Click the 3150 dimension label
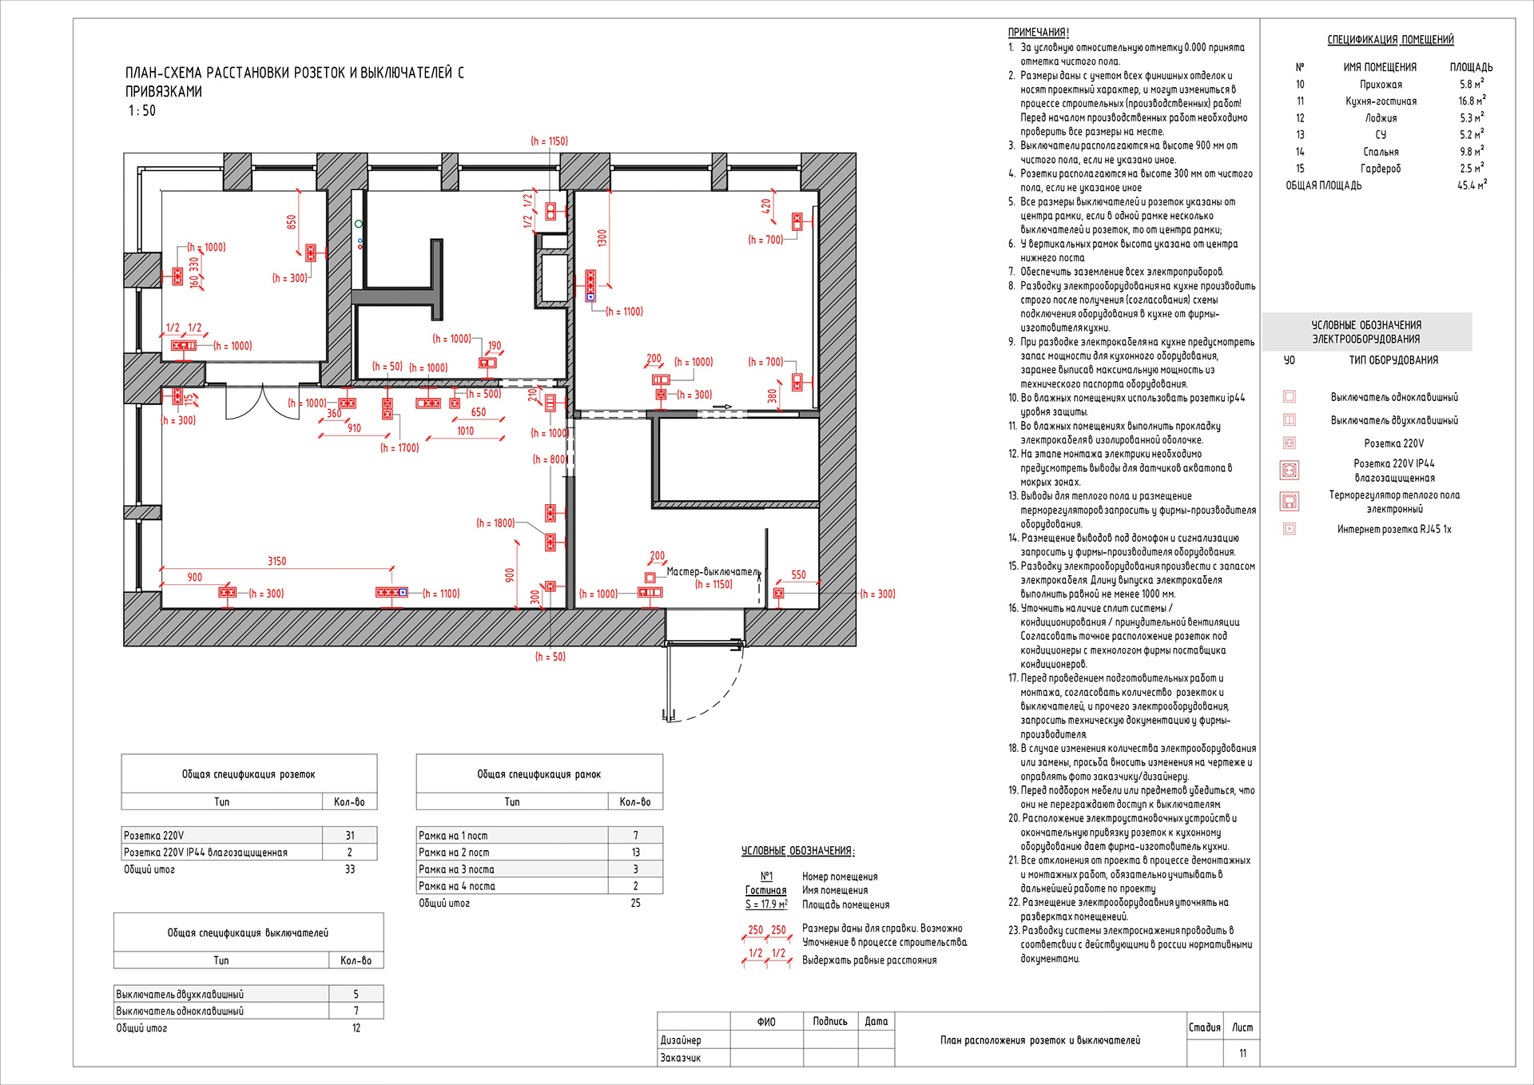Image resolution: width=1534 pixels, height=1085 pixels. [276, 561]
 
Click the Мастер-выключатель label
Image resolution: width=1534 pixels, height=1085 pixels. [713, 571]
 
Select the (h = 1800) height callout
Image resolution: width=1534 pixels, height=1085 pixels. [495, 523]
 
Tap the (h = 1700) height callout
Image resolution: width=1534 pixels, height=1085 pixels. [399, 448]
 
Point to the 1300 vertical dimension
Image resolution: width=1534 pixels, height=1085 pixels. [602, 237]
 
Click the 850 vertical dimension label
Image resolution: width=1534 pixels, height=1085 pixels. [292, 222]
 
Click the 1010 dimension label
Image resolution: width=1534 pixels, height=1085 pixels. [465, 431]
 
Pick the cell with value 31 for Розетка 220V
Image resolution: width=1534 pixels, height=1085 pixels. [350, 835]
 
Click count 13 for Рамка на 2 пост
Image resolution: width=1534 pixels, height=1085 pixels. [636, 852]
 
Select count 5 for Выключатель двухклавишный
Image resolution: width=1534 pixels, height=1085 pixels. [356, 994]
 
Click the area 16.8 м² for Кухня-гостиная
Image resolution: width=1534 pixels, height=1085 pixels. [1471, 101]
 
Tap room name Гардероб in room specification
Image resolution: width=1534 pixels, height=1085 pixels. [1381, 169]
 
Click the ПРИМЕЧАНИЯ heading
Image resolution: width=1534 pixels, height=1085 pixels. [1038, 33]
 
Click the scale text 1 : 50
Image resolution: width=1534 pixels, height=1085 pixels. [142, 111]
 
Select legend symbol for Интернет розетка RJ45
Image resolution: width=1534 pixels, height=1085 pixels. [1289, 529]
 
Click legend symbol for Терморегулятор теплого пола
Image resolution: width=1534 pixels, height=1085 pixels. [1289, 502]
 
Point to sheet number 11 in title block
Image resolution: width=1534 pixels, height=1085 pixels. [1242, 1053]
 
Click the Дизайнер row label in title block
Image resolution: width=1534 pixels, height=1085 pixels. [681, 1040]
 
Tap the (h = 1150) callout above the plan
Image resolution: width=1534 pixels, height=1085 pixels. [549, 141]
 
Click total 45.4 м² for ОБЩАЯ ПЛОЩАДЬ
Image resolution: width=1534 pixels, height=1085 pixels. [1471, 185]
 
